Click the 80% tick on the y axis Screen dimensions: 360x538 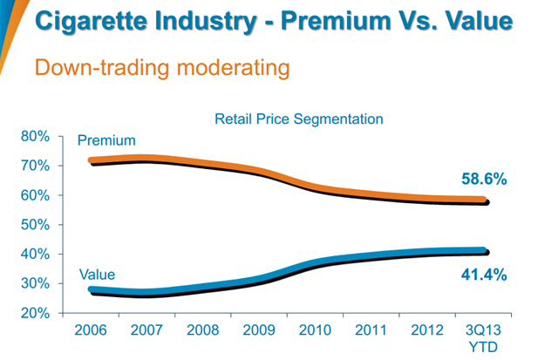(x=36, y=136)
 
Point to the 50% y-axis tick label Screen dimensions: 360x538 (x=36, y=224)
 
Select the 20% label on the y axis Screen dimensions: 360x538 (x=36, y=313)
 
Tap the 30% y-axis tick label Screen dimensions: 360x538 (x=36, y=283)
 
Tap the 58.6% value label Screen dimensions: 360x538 (x=484, y=180)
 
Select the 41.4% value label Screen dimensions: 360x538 (x=484, y=275)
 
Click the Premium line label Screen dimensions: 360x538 (x=106, y=140)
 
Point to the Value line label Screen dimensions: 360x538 (x=97, y=275)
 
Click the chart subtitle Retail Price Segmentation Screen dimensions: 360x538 (x=299, y=118)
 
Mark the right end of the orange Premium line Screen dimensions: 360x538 (x=485, y=200)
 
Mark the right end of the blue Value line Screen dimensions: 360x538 (x=485, y=251)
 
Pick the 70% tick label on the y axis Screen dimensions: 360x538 (x=36, y=166)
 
